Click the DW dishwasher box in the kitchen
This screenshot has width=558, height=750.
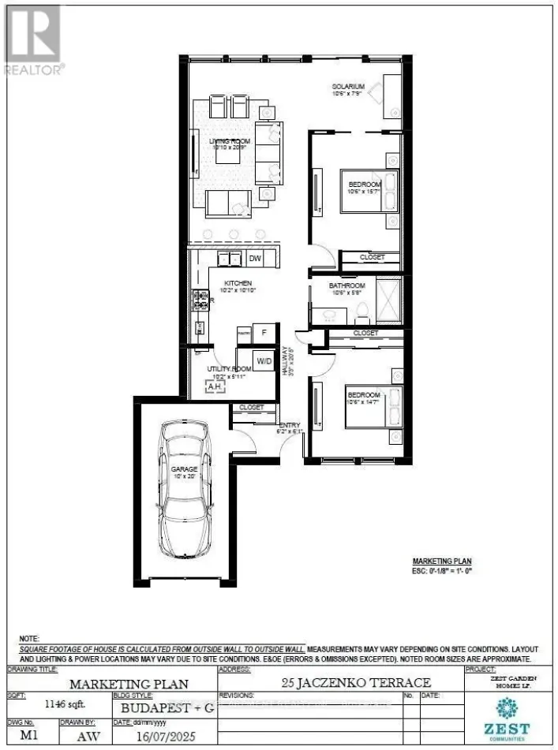(x=255, y=258)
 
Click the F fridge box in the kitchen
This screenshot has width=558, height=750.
(x=264, y=334)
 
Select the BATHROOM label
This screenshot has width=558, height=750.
(x=347, y=285)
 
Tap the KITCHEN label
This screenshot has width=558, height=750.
(x=238, y=283)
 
